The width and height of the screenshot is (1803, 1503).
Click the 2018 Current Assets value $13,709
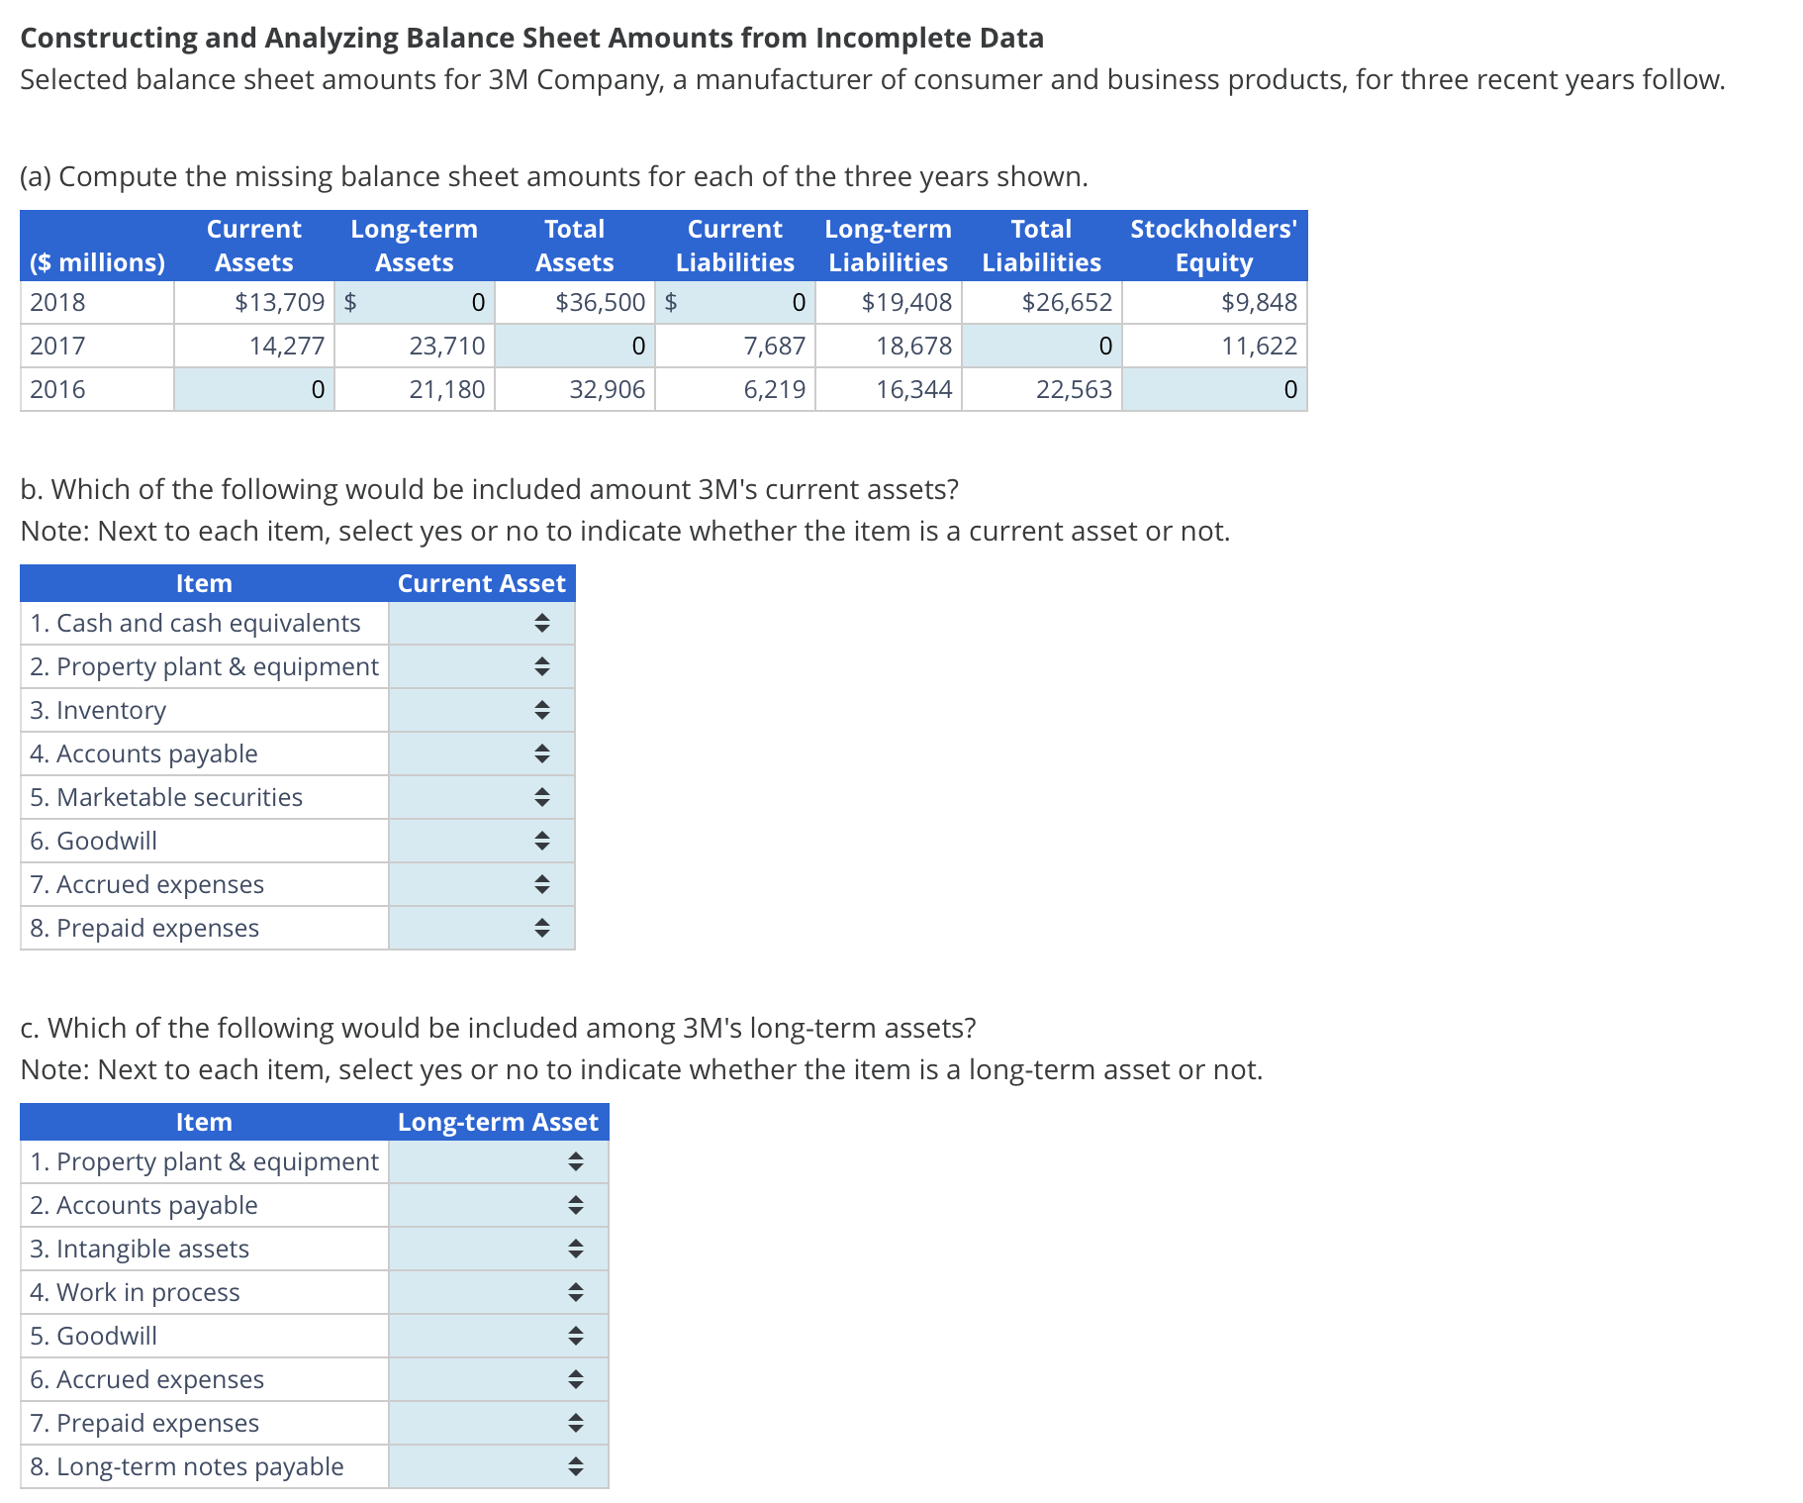click(x=279, y=302)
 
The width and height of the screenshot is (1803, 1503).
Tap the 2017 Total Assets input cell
click(x=575, y=346)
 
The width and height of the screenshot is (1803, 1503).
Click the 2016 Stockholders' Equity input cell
click(x=1214, y=389)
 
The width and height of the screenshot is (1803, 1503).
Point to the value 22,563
click(x=1074, y=389)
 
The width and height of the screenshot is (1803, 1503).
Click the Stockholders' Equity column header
click(x=1213, y=246)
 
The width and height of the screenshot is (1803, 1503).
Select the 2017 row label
click(x=58, y=346)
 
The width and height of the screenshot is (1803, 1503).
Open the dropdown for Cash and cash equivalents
click(x=482, y=623)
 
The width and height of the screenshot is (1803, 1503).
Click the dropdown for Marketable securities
click(x=482, y=797)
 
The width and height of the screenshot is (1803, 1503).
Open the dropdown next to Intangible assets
click(x=499, y=1249)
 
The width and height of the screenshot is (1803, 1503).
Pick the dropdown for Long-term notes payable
click(x=499, y=1466)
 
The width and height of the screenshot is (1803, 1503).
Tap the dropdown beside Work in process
click(x=499, y=1292)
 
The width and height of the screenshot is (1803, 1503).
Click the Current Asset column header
click(x=481, y=583)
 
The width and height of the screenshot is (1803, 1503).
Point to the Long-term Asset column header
click(x=498, y=1122)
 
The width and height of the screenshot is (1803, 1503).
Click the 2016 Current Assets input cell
click(x=254, y=389)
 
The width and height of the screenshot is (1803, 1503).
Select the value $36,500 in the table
click(x=600, y=302)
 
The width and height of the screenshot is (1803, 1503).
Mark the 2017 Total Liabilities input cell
click(x=1042, y=346)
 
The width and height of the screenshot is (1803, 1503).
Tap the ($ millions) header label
click(x=97, y=262)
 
